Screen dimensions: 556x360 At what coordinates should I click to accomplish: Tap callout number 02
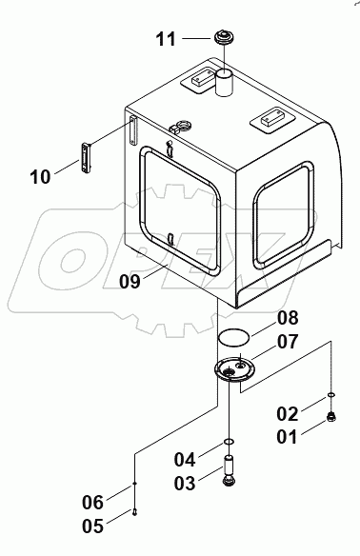click(x=288, y=413)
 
